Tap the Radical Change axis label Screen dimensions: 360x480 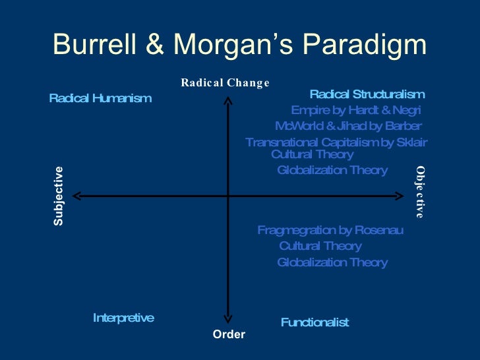point(225,82)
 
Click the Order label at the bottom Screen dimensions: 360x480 point(229,334)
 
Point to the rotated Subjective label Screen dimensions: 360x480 point(59,196)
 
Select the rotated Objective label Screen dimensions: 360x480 point(420,192)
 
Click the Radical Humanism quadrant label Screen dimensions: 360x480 point(100,98)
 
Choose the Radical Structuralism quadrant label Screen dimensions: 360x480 point(367,94)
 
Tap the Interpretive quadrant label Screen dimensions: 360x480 point(123,318)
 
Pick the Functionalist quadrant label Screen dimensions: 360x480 point(315,322)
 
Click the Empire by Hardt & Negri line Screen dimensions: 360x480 point(356,110)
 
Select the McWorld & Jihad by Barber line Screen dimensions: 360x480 point(348,126)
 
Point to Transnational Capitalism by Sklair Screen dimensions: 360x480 point(336,142)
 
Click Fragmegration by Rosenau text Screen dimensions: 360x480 point(330,230)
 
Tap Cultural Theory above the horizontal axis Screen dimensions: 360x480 point(313,154)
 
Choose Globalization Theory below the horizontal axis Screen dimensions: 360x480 point(332,262)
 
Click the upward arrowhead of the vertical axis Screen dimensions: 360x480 point(228,100)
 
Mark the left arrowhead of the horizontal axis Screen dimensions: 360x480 point(76,196)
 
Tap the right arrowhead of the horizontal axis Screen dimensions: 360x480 point(399,196)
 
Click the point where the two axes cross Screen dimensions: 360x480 point(228,196)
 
